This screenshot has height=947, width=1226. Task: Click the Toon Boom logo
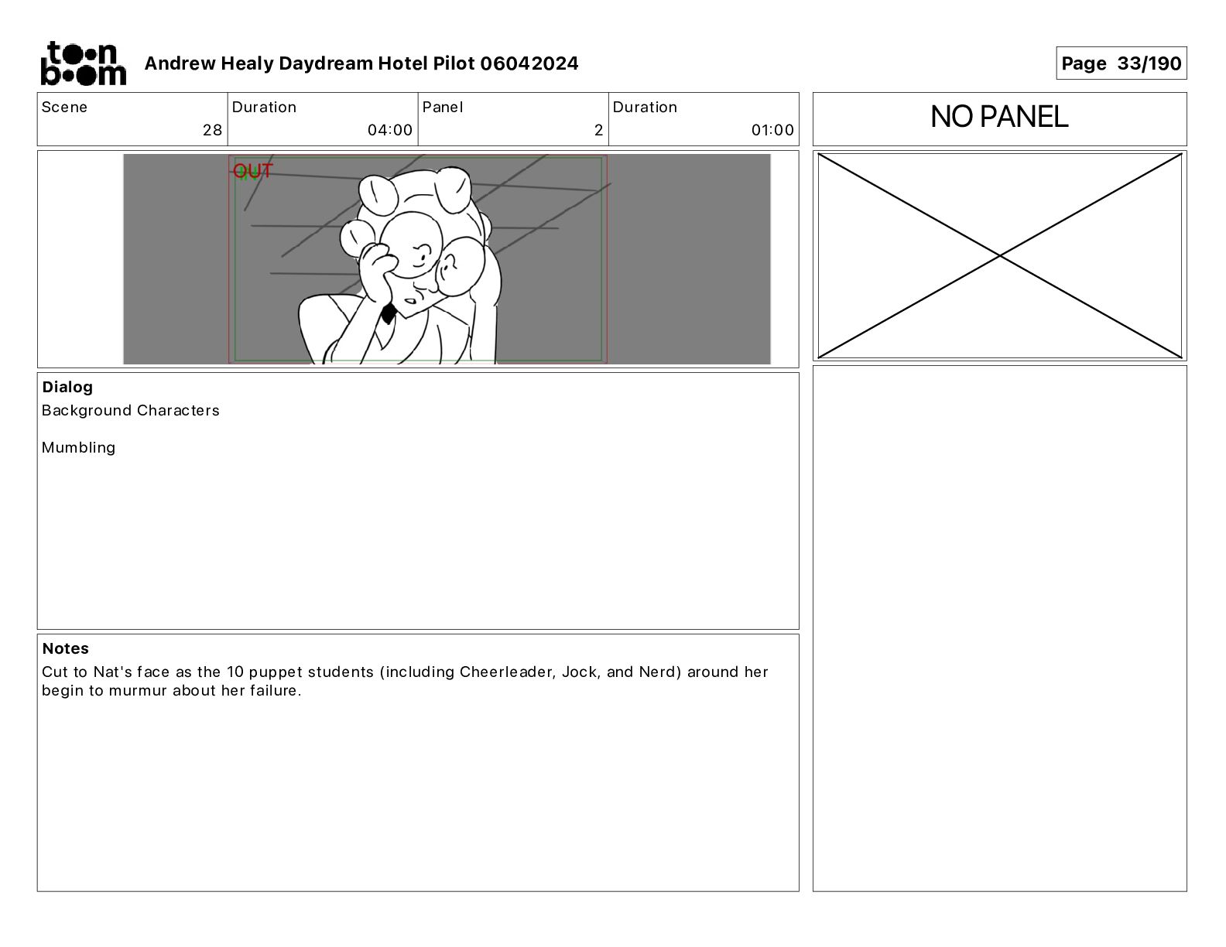click(x=84, y=63)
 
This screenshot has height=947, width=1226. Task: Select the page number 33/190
click(x=1149, y=63)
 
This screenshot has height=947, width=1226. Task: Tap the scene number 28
click(x=212, y=130)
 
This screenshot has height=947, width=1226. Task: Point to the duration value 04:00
click(x=390, y=130)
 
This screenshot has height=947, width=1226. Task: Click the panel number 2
click(x=598, y=130)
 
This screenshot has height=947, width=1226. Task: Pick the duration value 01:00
click(x=772, y=130)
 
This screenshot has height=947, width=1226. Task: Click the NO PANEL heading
click(x=999, y=117)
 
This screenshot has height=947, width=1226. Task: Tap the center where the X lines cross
click(x=999, y=255)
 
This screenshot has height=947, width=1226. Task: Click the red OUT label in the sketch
click(x=252, y=170)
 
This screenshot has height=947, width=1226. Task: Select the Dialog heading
click(x=67, y=387)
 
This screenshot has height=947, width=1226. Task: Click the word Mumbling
click(x=78, y=448)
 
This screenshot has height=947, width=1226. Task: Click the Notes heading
click(x=66, y=648)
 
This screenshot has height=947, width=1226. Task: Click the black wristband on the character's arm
click(x=389, y=313)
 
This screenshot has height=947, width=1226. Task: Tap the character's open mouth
click(x=411, y=301)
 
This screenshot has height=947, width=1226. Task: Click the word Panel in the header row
click(x=442, y=108)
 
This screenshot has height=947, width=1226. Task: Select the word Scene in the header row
click(x=64, y=108)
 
